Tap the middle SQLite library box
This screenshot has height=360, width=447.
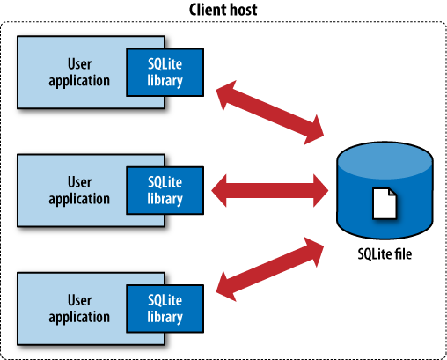click(x=165, y=190)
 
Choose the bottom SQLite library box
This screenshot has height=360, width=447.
click(x=165, y=309)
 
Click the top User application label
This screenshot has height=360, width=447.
click(x=79, y=71)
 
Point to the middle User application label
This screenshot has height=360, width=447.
click(x=79, y=190)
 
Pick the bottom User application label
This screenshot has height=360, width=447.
click(x=79, y=309)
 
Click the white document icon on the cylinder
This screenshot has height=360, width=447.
click(x=385, y=203)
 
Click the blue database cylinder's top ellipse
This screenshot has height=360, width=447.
click(x=385, y=160)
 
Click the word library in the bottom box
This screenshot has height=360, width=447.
click(x=165, y=317)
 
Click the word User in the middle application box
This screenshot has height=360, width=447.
click(x=79, y=182)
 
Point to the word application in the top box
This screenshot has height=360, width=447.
click(x=79, y=79)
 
